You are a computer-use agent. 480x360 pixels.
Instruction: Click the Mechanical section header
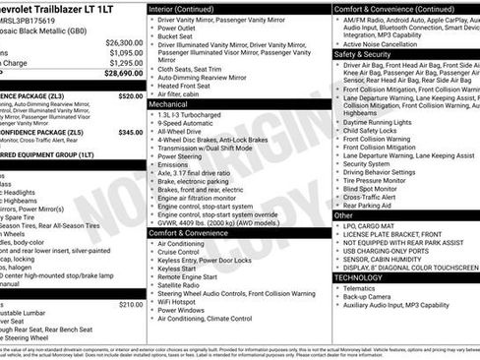[170, 102]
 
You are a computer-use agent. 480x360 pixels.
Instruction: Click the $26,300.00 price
[124, 43]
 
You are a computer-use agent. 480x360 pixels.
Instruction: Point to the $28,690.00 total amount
[124, 73]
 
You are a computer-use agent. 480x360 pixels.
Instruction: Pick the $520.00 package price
[130, 96]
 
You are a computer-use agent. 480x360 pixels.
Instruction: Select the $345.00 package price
[130, 132]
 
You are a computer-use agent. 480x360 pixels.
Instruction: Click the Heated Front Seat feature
[192, 86]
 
